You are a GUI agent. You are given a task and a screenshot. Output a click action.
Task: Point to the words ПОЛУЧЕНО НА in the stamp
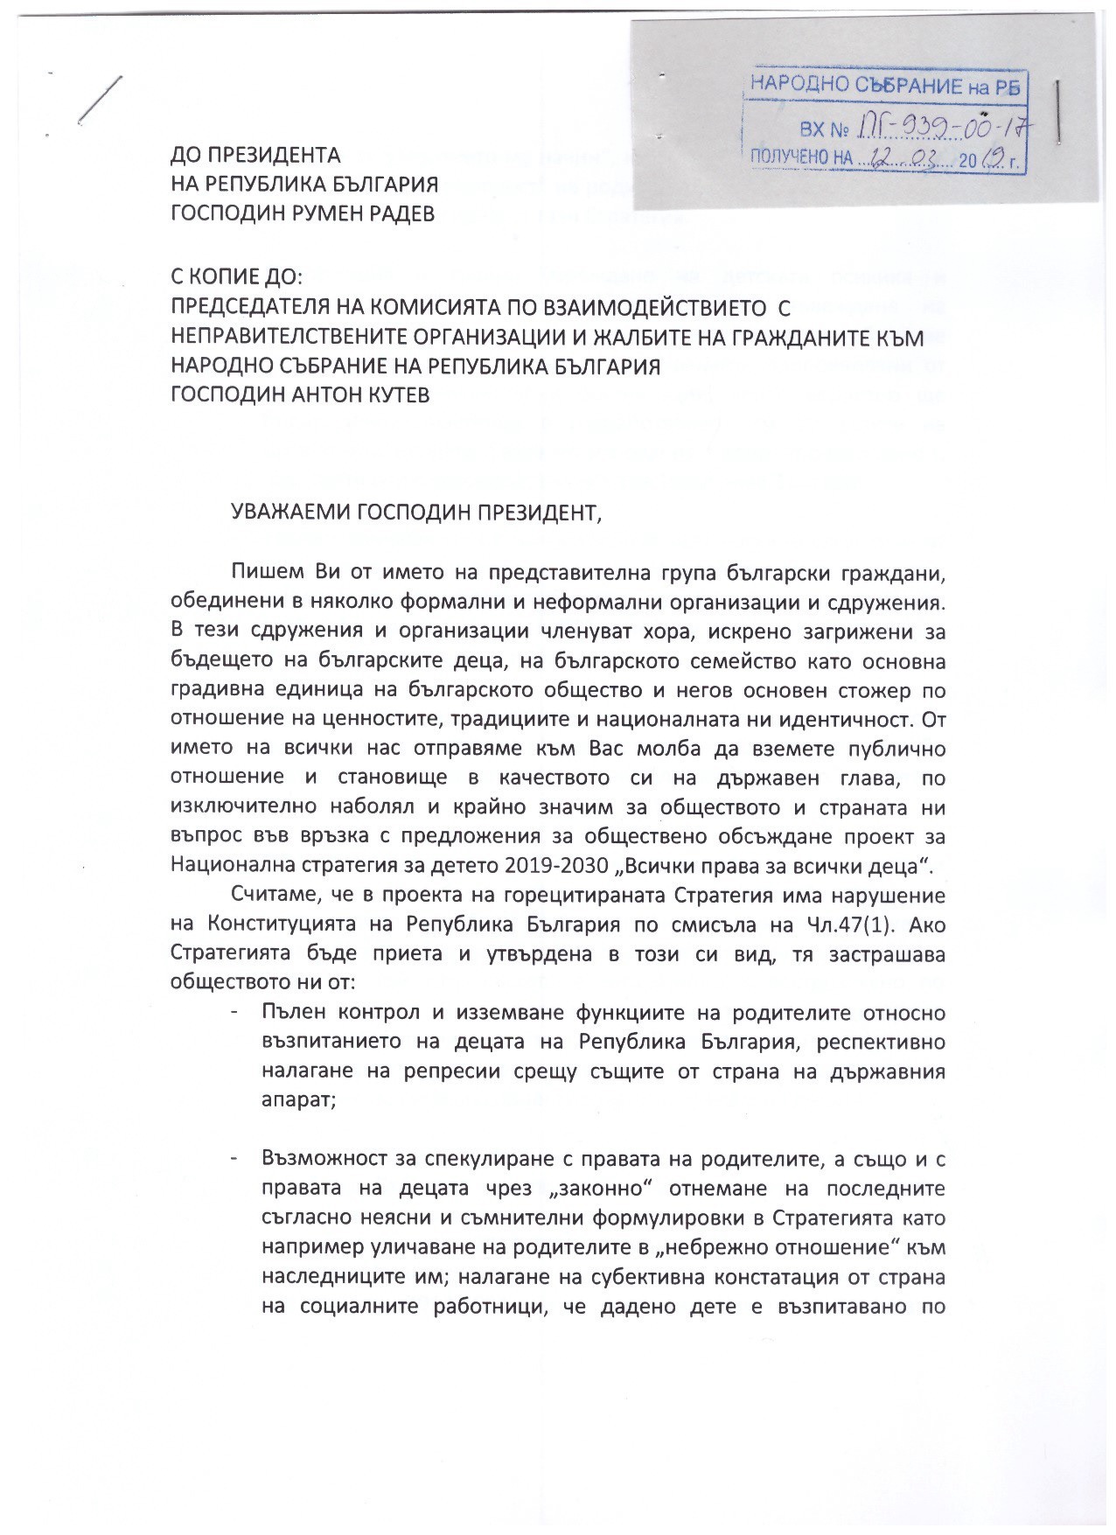796,159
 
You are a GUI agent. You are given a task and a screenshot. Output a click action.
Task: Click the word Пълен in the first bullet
289,1014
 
